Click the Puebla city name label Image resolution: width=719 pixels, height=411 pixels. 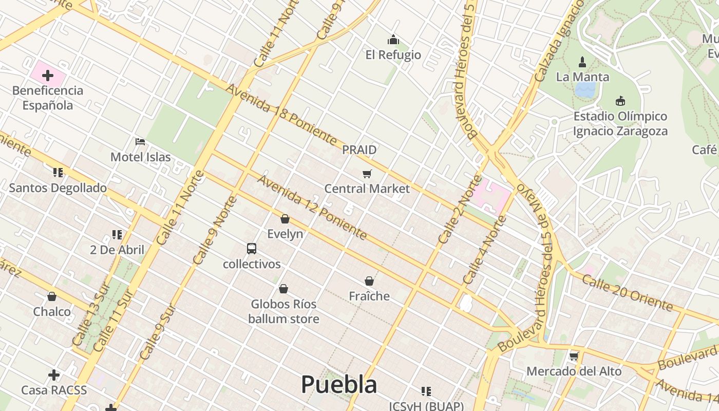[x=339, y=384]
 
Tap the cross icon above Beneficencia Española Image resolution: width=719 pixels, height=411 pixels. [x=48, y=76]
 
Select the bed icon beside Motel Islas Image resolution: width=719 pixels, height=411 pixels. [x=140, y=142]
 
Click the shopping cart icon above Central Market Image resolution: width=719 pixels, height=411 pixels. [x=367, y=174]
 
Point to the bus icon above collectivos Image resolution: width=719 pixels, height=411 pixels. [x=251, y=249]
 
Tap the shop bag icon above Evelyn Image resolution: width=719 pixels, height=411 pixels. [x=285, y=219]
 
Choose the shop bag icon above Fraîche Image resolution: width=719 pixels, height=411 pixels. [x=369, y=281]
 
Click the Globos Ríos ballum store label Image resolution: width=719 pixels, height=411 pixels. [x=283, y=311]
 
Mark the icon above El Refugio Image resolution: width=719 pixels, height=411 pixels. [x=393, y=40]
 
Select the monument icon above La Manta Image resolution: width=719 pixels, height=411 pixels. [x=582, y=62]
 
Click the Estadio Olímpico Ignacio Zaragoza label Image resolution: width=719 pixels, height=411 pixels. [x=620, y=123]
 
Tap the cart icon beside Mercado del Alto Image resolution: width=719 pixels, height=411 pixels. [x=574, y=356]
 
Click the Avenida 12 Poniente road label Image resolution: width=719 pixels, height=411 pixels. [x=312, y=207]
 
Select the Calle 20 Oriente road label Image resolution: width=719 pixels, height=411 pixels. [x=627, y=293]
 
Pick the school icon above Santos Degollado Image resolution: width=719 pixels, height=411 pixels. [x=58, y=173]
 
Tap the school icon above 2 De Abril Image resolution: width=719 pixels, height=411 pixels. [x=117, y=235]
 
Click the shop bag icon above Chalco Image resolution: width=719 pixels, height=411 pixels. [x=52, y=296]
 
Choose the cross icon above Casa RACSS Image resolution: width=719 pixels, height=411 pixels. [x=54, y=375]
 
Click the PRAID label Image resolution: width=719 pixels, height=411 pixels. [x=359, y=150]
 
